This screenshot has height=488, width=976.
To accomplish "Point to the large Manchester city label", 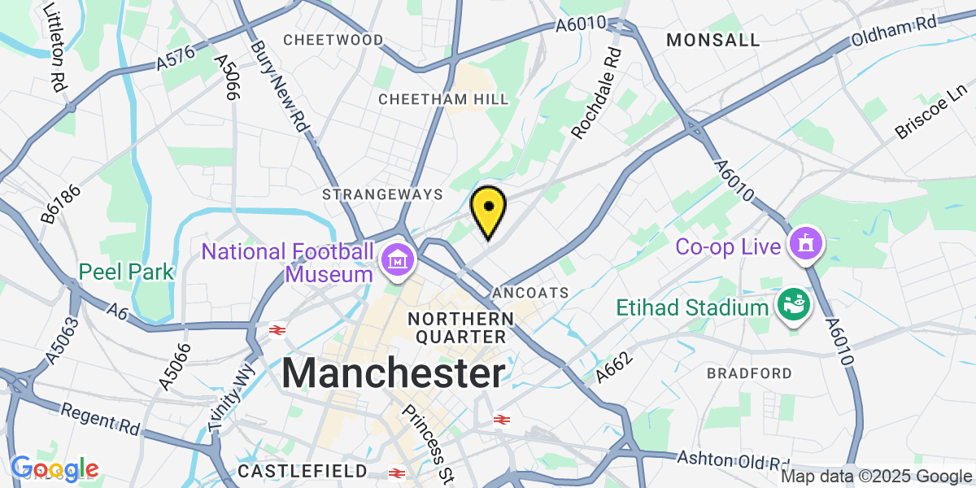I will coord(394,374).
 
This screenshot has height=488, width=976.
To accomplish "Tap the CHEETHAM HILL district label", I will coord(444,99).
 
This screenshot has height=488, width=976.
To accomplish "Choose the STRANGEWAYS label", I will coord(382,194).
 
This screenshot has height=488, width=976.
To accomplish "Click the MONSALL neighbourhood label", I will coord(712,40).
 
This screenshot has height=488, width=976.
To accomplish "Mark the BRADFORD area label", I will coord(749,373).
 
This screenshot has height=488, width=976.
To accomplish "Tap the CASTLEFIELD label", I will coord(303,471).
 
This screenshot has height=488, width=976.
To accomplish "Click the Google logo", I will coord(54,468).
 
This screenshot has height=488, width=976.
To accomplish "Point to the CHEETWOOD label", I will coord(333,40).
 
